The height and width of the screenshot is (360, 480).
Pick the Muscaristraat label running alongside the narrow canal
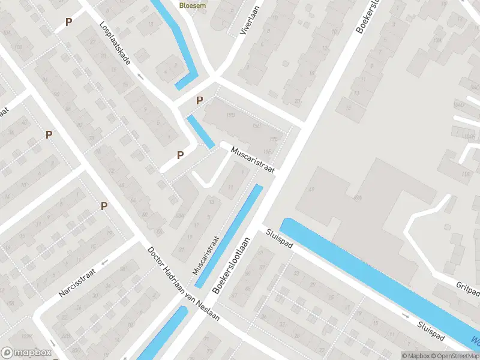[206, 254]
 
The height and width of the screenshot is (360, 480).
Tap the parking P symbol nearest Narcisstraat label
[104, 206]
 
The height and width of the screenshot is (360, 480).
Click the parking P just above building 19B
[199, 101]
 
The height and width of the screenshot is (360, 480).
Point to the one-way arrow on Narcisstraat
[104, 262]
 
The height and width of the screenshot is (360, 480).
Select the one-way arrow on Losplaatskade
[140, 76]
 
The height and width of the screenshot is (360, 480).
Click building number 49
[311, 190]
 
